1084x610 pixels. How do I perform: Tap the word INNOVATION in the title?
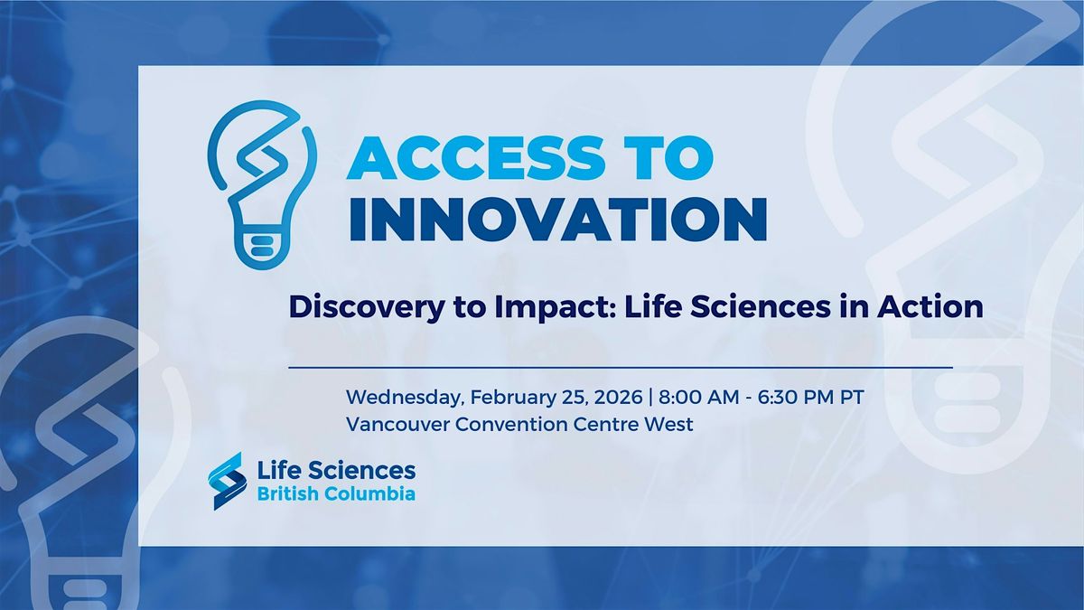pos(557,220)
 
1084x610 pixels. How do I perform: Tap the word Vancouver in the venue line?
pos(392,424)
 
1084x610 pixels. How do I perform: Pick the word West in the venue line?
pos(670,424)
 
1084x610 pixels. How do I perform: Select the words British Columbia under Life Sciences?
pos(337,494)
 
